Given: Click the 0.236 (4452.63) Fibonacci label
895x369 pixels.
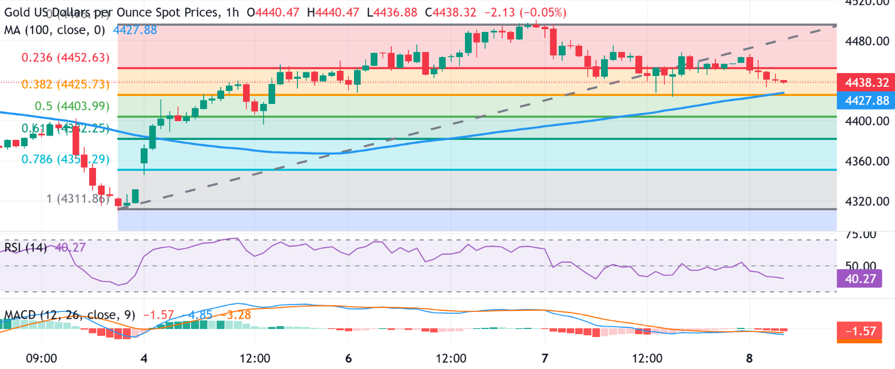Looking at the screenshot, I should [65, 58].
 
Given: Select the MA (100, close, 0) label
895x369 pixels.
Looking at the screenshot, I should [54, 30].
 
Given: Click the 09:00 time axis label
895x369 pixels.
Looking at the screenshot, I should [42, 359].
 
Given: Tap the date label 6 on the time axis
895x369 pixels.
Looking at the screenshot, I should [348, 359].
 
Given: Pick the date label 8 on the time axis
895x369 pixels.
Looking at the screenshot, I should [749, 359].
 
